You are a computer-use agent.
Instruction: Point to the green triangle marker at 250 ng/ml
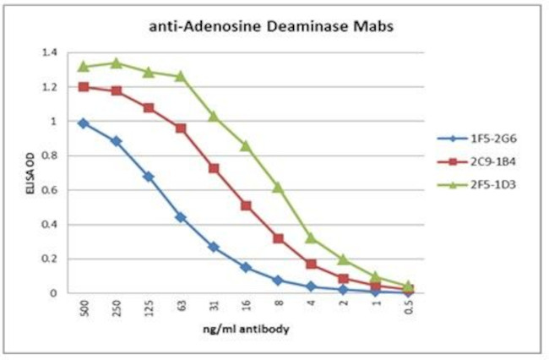pos(116,63)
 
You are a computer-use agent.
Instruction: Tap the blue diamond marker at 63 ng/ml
pos(180,217)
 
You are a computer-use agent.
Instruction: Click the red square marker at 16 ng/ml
pos(246,205)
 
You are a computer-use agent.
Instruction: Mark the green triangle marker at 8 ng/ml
pos(278,187)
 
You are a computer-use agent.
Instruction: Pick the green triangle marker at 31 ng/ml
pos(214,116)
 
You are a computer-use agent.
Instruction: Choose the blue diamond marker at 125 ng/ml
pos(149,177)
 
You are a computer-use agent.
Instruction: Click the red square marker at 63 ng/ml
pos(180,128)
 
